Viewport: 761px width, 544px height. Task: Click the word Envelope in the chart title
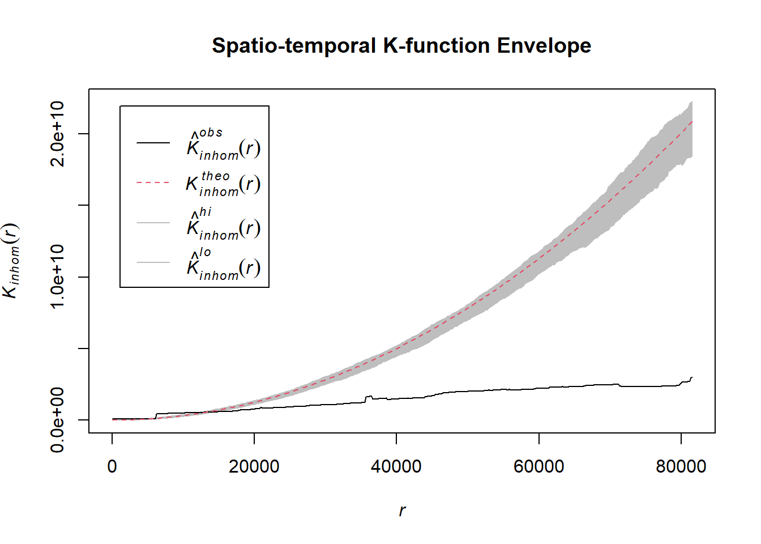[544, 46]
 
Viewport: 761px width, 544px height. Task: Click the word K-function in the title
[436, 46]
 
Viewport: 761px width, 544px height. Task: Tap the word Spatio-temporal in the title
[294, 46]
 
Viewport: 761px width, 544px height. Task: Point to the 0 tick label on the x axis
[112, 466]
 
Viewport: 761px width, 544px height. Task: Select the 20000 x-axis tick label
[254, 466]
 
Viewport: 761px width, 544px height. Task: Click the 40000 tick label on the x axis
[396, 466]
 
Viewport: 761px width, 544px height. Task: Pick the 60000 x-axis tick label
[538, 466]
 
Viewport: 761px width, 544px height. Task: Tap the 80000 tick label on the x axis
[681, 466]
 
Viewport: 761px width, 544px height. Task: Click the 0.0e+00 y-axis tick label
[58, 420]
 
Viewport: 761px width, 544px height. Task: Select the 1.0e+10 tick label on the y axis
[58, 277]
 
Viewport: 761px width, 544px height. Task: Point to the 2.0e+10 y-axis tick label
[58, 134]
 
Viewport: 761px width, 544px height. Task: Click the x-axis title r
[402, 511]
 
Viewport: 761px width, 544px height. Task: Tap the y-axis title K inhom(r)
[11, 261]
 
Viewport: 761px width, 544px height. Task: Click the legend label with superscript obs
[223, 144]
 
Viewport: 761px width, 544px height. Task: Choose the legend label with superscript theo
[223, 184]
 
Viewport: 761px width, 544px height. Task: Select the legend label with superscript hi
[223, 224]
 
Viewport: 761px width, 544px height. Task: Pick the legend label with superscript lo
[223, 264]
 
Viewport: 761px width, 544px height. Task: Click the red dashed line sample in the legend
[153, 183]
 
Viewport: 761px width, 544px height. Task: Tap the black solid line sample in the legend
[153, 143]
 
